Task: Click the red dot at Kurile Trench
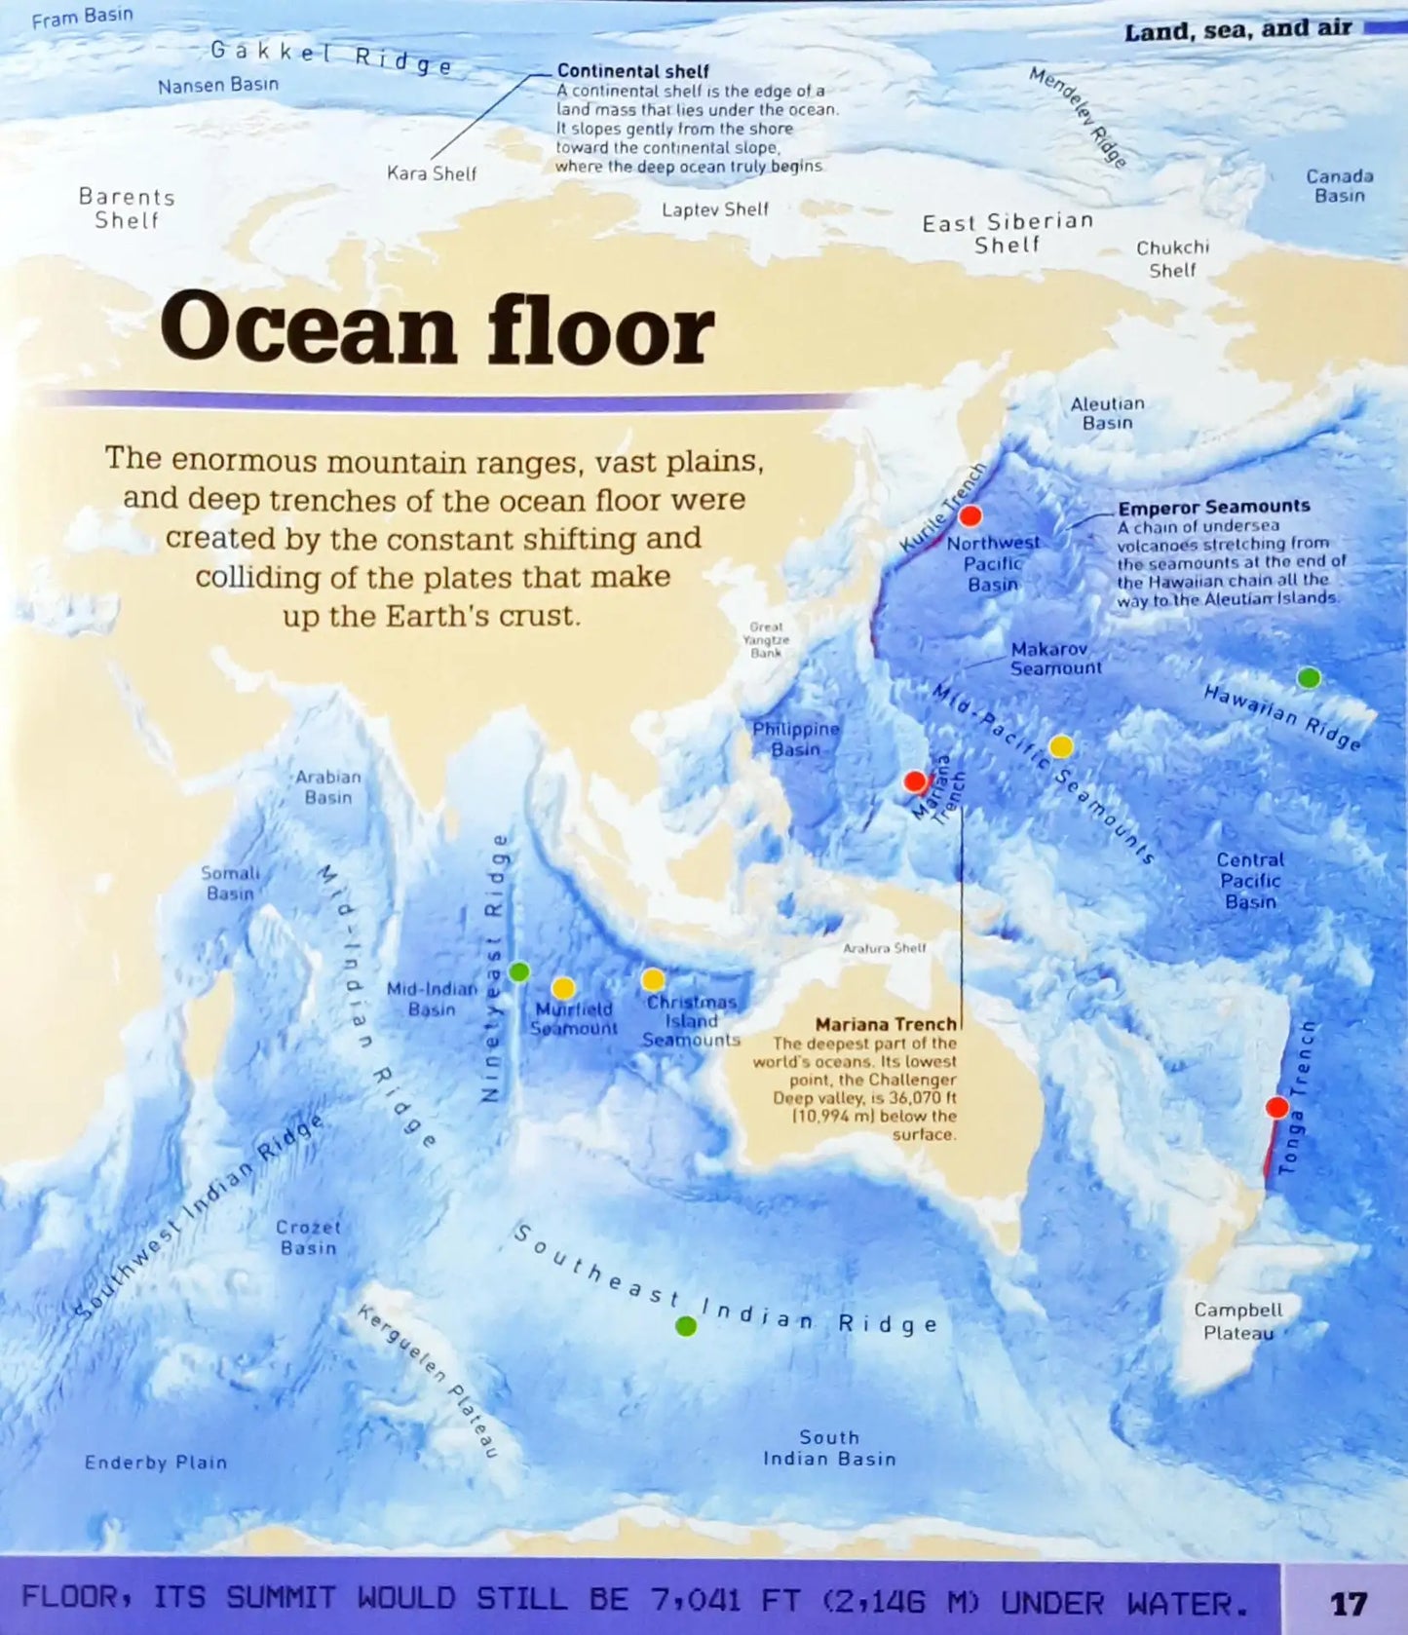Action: (x=970, y=515)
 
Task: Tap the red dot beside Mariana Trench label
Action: (x=915, y=781)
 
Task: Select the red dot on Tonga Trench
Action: (x=1276, y=1108)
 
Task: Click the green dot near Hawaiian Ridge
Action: (x=1309, y=677)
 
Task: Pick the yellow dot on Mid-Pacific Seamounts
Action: (x=1061, y=746)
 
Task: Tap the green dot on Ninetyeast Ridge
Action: (x=519, y=971)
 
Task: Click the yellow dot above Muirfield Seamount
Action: (x=563, y=988)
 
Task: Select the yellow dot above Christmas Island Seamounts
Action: (x=653, y=979)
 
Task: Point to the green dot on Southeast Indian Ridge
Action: (x=686, y=1326)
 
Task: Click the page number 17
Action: (x=1349, y=1603)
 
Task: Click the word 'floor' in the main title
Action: (x=599, y=329)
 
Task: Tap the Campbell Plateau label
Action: (x=1238, y=1321)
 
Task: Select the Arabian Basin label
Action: (x=328, y=787)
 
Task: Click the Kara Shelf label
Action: (x=432, y=173)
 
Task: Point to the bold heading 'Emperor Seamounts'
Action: (x=1213, y=507)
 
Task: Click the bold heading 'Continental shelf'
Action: (x=632, y=71)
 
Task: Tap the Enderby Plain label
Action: (x=156, y=1462)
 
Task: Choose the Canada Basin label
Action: (x=1339, y=185)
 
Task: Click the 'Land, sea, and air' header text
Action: (x=1237, y=30)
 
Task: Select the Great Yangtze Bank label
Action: (x=766, y=640)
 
